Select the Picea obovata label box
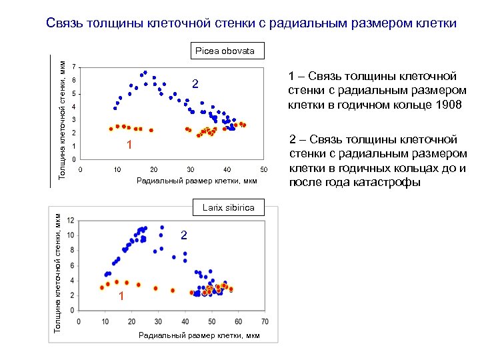225,51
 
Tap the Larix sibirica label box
228,207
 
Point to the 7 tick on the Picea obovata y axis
73,67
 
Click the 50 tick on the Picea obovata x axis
263,169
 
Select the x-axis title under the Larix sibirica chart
199,335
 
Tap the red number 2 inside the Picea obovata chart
195,84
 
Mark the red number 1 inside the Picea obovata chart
130,145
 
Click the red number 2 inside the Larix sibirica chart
184,235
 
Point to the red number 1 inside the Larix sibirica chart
121,296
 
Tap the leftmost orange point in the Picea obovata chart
111,129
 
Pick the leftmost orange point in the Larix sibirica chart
102,287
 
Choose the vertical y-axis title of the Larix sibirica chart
57,273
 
